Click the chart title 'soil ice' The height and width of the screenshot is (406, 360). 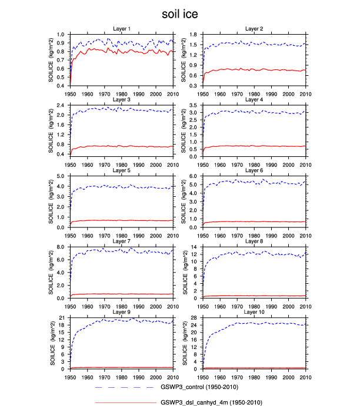[179, 13]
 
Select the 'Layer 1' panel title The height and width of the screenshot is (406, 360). [122, 28]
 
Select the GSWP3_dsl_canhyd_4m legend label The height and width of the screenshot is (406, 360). [211, 402]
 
